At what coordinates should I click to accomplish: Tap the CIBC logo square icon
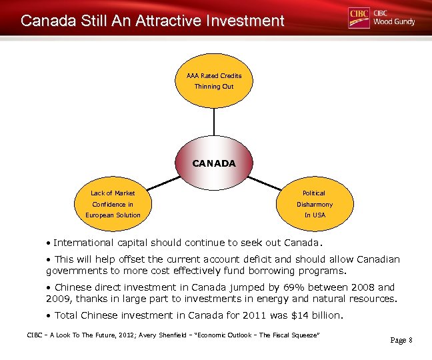coord(359,18)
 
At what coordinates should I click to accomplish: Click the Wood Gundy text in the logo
coord(394,22)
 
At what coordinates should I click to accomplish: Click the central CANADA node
coord(213,163)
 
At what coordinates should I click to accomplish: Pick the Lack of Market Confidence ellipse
coord(113,203)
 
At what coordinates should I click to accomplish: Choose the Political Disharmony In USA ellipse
coord(315,203)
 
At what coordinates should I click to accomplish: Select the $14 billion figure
coord(316,315)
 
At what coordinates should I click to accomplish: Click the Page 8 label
coord(401,340)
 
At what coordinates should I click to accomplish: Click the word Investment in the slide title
coord(244,21)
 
